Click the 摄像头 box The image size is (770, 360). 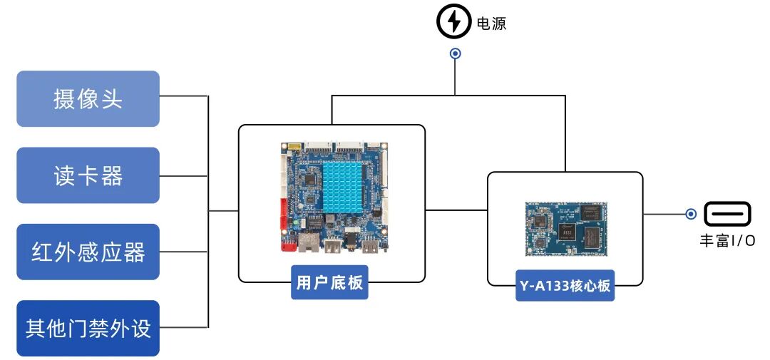(88, 98)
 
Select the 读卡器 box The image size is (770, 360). (88, 175)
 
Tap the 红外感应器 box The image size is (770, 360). (88, 252)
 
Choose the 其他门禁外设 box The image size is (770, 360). (88, 329)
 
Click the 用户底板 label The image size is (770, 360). (329, 283)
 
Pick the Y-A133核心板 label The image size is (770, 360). (565, 286)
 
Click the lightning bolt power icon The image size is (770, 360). (454, 22)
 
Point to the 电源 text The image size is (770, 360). (491, 24)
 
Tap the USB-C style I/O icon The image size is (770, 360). (728, 213)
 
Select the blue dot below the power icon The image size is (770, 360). (455, 53)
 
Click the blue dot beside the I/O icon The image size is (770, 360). (691, 213)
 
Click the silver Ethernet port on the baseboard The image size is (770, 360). (308, 242)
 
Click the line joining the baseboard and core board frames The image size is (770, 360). (456, 210)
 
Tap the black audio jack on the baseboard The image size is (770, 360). (352, 245)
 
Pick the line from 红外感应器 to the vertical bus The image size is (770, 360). (184, 252)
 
